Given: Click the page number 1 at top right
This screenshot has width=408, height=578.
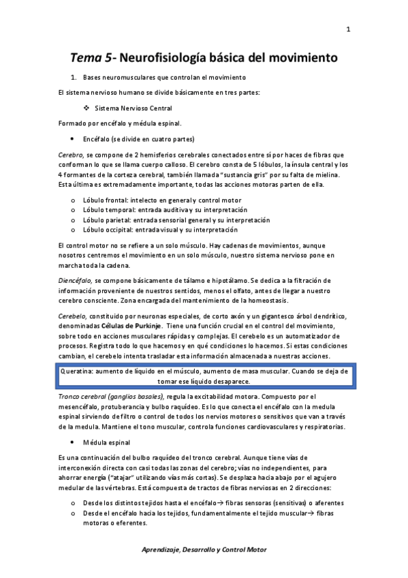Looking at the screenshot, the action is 348,29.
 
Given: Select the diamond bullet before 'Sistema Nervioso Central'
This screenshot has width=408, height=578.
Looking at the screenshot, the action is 87,108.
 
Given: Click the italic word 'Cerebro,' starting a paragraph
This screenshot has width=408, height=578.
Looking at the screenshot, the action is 71,155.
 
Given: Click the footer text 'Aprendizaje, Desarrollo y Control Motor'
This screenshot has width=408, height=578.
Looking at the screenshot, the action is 204,549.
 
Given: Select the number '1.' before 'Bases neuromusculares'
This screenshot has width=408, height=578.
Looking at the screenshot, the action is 74,77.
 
